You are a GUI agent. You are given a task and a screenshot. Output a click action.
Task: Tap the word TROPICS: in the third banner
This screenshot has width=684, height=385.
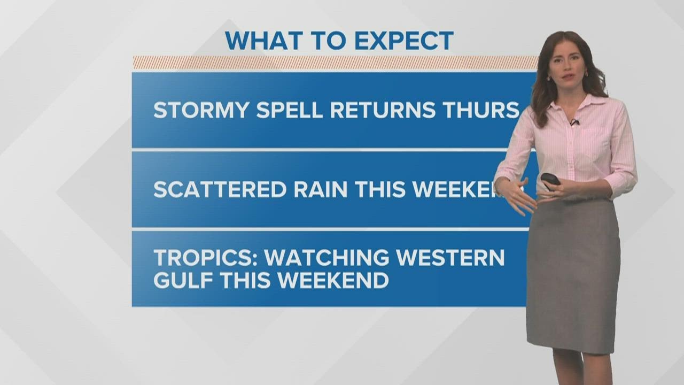206,258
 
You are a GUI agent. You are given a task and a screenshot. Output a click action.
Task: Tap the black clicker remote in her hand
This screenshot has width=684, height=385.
550,179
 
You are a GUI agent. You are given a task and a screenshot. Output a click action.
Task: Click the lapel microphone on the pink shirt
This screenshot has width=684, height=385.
574,122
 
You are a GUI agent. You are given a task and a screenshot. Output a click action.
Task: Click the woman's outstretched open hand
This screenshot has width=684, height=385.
516,195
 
